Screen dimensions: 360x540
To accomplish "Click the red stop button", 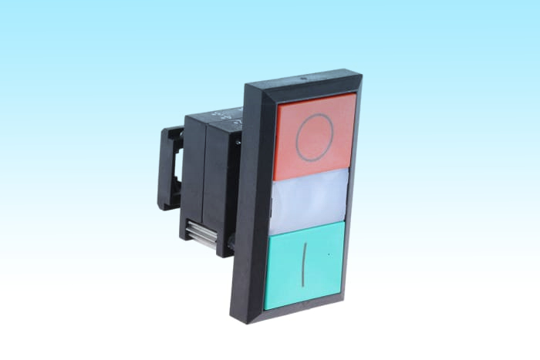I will (x=316, y=136).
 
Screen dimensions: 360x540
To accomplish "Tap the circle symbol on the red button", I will (x=316, y=138).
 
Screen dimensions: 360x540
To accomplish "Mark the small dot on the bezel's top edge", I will (x=305, y=77).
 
